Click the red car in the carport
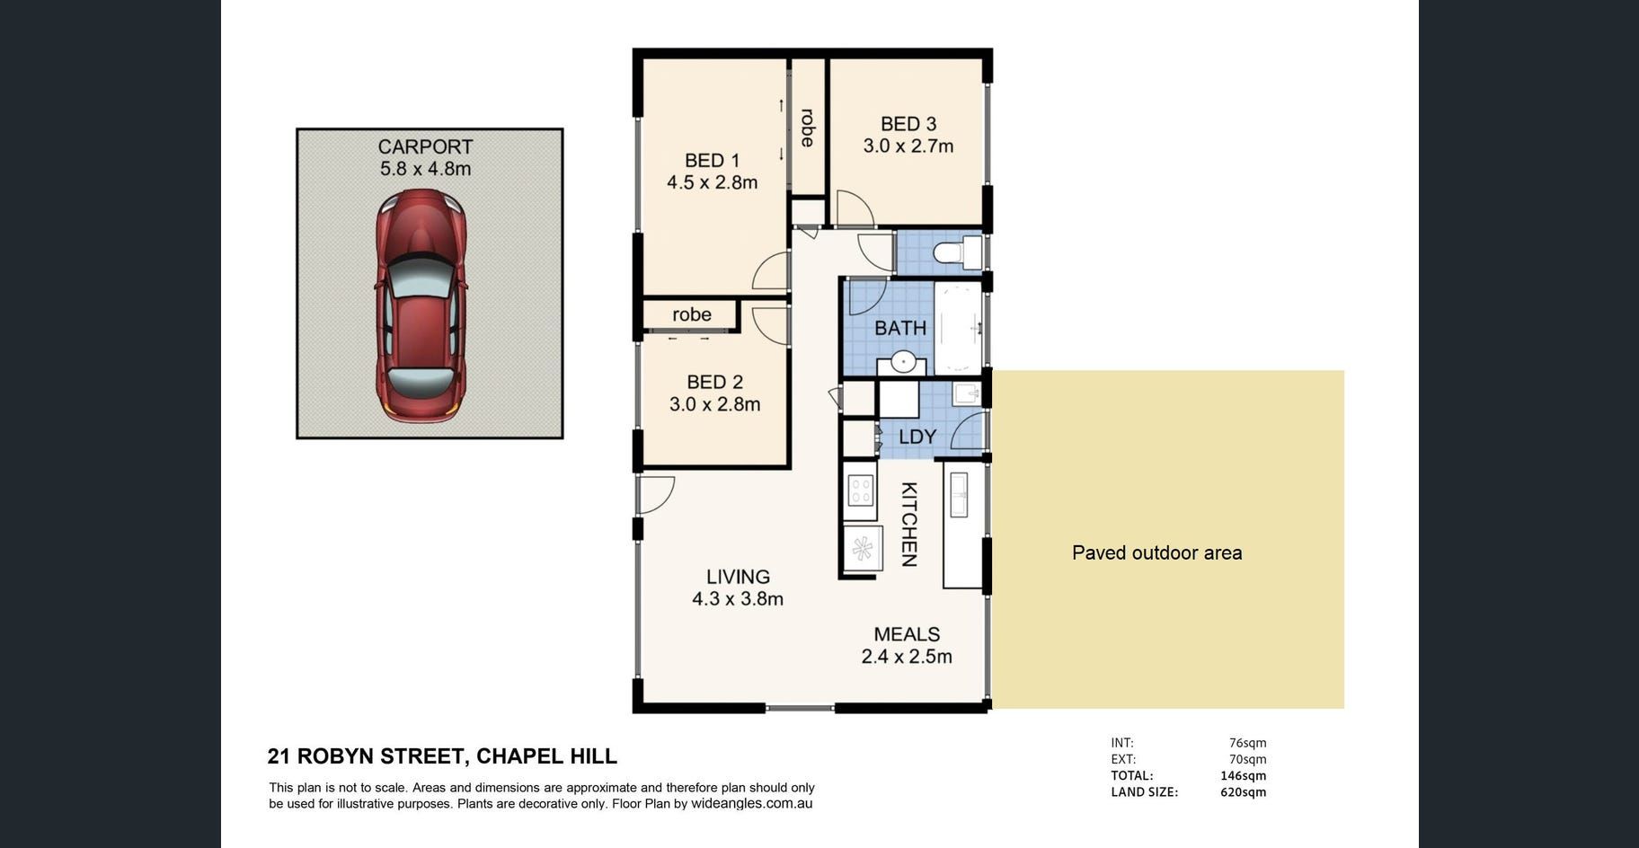(421, 305)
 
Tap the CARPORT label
(425, 146)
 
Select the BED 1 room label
(712, 161)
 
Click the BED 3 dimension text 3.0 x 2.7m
(908, 146)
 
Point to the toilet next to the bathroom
(958, 252)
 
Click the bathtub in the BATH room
(958, 328)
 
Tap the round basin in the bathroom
(902, 363)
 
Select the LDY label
(917, 437)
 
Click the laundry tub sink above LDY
(966, 395)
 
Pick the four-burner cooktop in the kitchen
(861, 490)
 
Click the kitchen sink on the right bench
(959, 494)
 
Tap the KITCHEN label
(909, 525)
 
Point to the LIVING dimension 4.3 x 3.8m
(738, 598)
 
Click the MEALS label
(907, 634)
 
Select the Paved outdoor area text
(1157, 552)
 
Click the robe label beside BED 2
(692, 314)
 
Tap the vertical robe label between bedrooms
(808, 128)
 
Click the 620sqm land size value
(1243, 792)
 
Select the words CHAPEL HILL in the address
(546, 756)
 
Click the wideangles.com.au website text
(751, 803)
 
